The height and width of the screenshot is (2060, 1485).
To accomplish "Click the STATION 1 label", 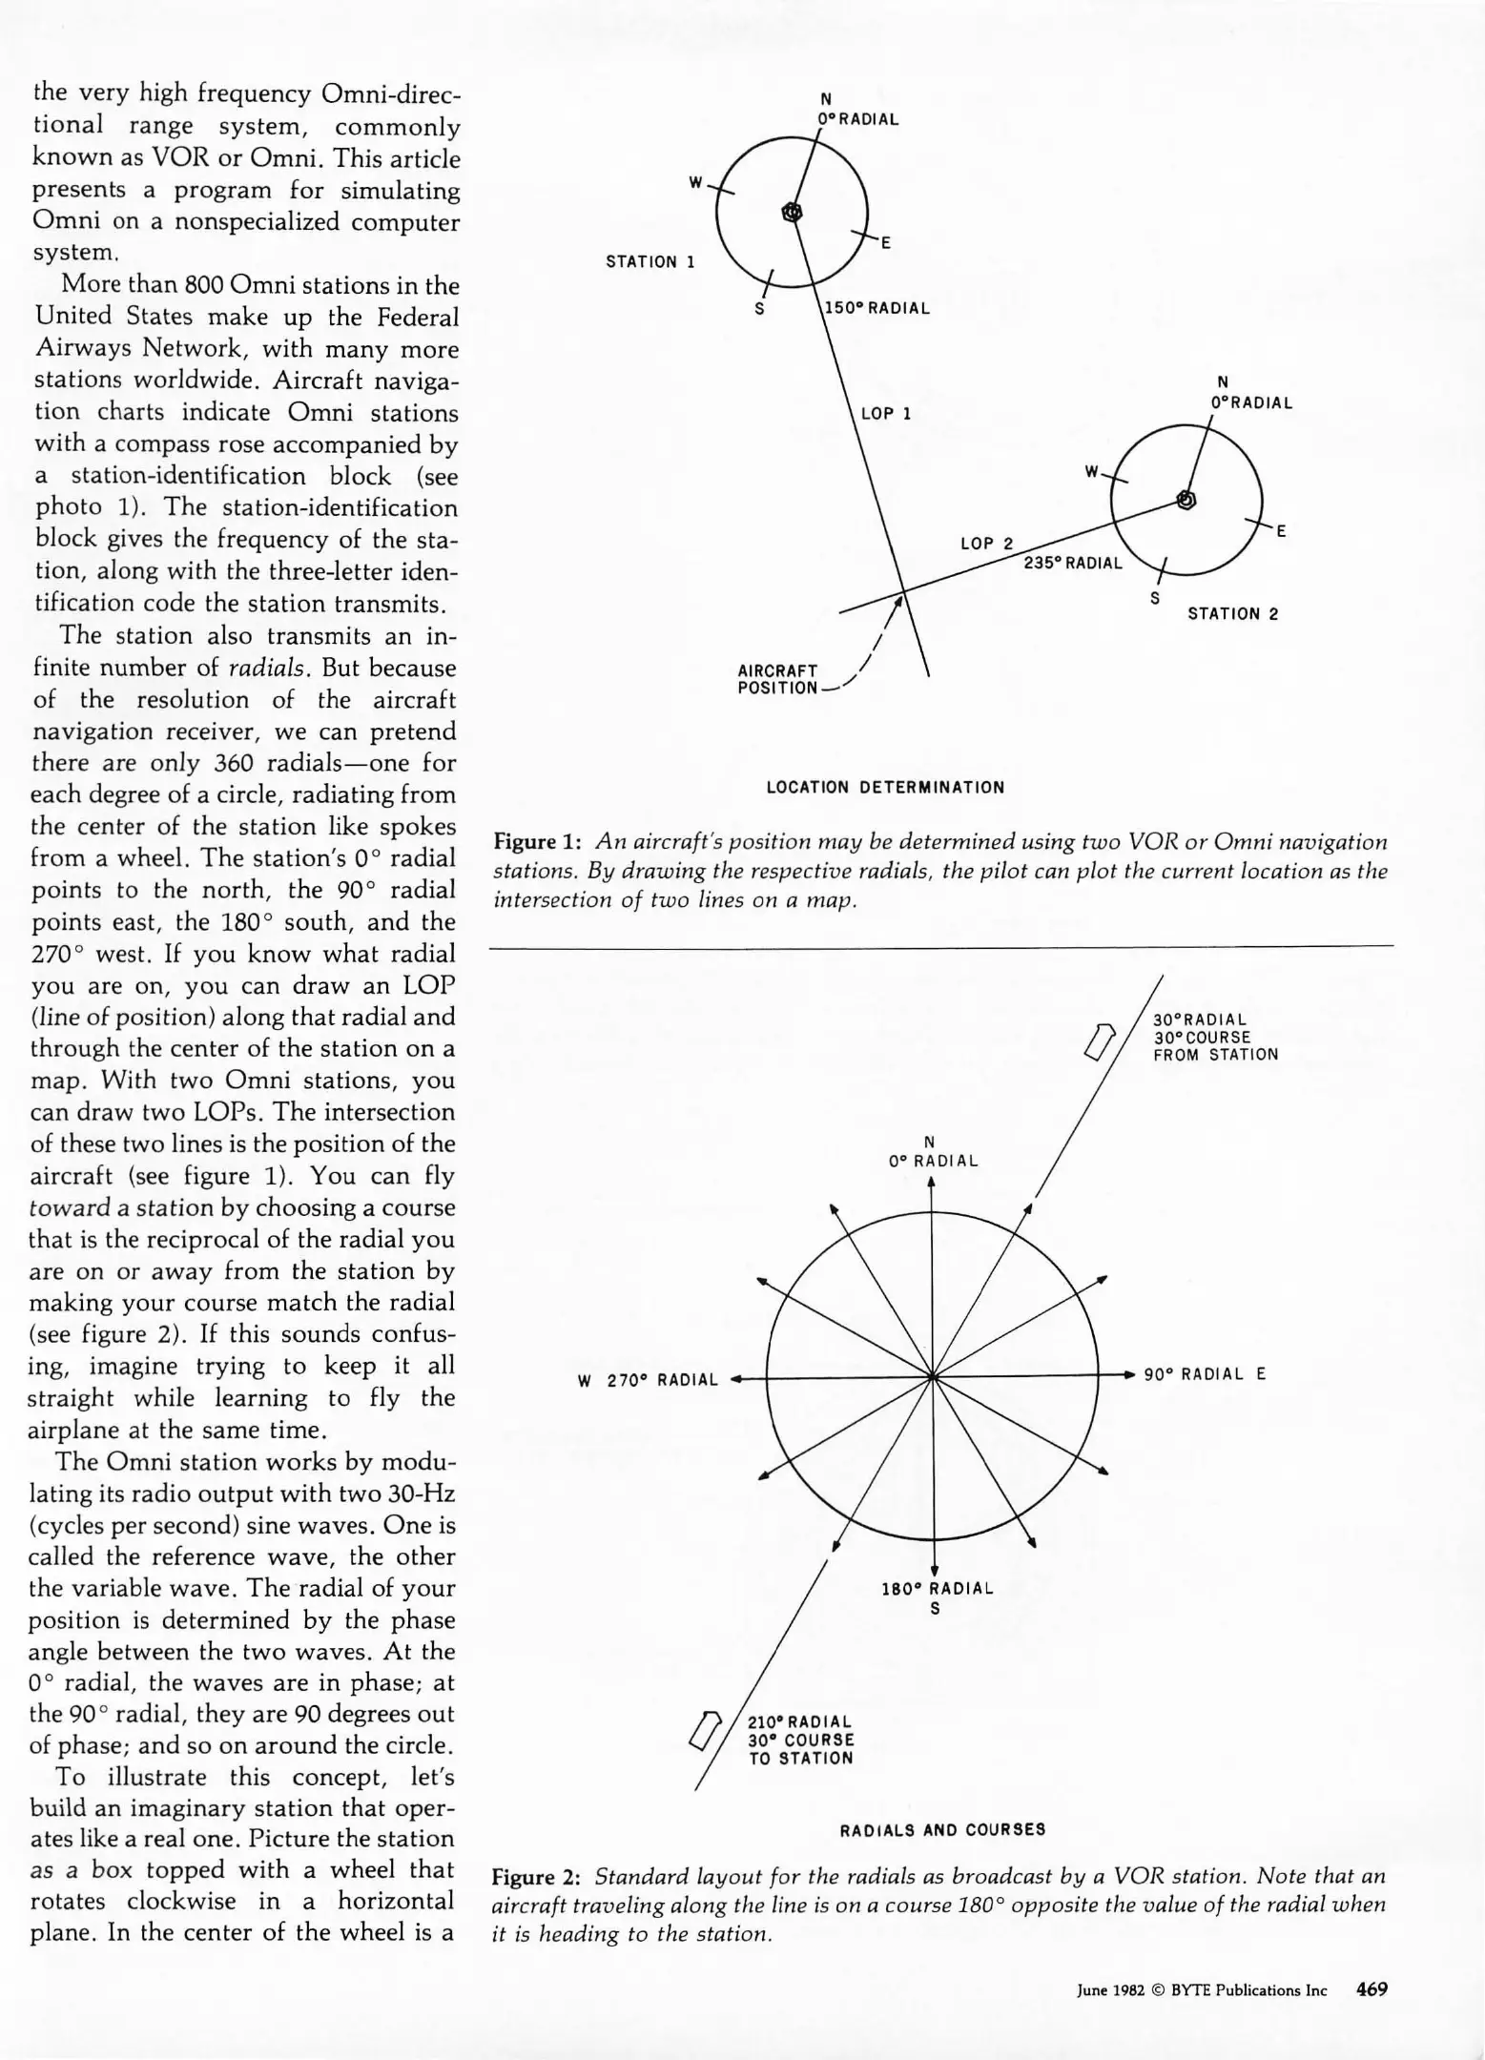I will [x=651, y=262].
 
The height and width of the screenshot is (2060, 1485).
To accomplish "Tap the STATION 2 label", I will [x=1232, y=614].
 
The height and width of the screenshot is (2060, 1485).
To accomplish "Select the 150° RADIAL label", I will [x=877, y=308].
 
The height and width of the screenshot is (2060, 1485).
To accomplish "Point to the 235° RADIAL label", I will [x=1073, y=563].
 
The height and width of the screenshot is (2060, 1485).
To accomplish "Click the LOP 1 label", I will [x=886, y=414].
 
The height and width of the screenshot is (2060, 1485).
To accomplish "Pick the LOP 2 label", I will [x=986, y=544].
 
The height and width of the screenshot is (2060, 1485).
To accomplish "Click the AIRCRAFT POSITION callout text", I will [x=777, y=679].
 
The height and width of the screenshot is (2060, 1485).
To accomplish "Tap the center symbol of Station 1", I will [x=792, y=212].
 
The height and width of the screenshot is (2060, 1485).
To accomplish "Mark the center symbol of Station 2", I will [x=1186, y=499].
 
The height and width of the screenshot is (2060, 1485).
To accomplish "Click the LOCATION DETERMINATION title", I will [x=885, y=788].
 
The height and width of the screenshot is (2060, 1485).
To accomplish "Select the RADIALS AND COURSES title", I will [x=942, y=1830].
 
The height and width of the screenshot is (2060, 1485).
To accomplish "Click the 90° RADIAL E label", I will [x=1205, y=1374].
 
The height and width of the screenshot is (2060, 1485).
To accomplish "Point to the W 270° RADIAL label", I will [x=649, y=1380].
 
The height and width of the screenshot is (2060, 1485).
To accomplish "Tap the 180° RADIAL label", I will [x=937, y=1589].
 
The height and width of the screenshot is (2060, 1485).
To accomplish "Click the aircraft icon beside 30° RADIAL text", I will [x=1101, y=1040].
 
